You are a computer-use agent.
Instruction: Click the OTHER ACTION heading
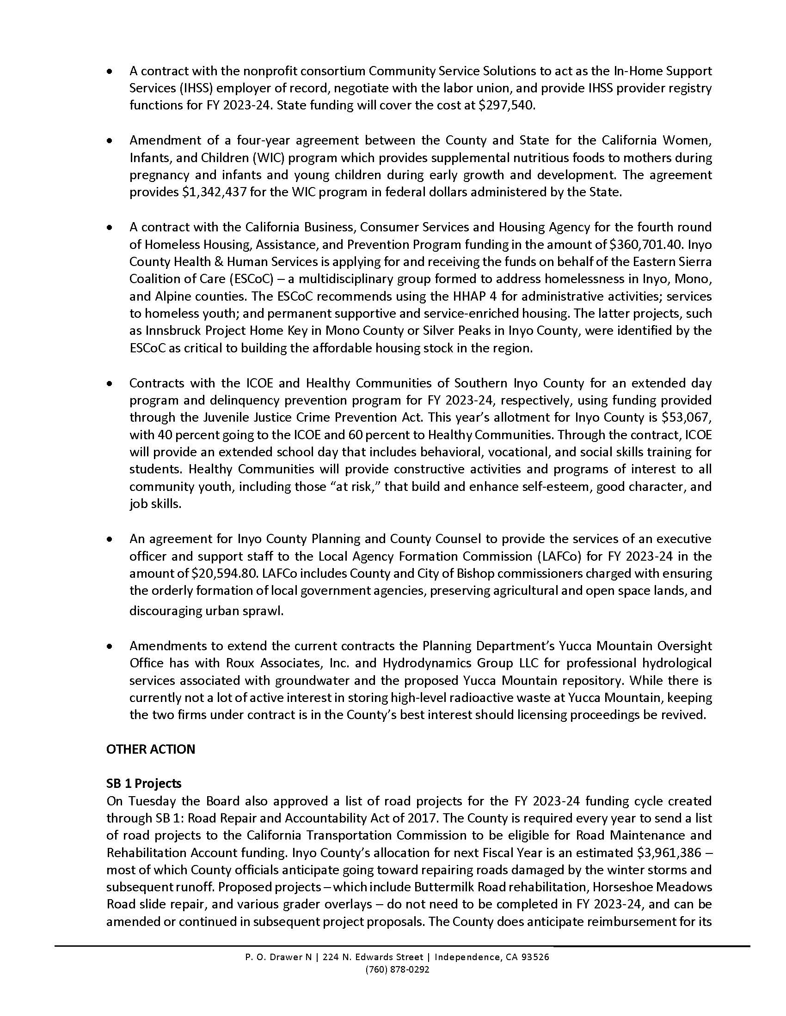coord(150,750)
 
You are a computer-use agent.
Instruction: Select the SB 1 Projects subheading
coord(143,784)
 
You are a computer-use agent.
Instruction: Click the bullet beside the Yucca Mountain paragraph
coord(110,647)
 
